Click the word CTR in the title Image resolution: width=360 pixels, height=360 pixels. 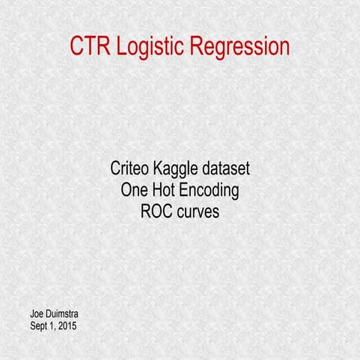click(89, 46)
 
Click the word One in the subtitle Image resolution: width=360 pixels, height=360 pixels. click(135, 190)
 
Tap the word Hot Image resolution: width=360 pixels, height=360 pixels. click(167, 190)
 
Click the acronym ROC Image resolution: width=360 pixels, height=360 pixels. click(156, 212)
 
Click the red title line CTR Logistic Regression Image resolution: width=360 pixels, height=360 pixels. click(180, 47)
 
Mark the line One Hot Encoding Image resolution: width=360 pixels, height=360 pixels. click(180, 191)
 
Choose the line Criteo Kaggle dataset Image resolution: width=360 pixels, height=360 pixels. click(180, 169)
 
